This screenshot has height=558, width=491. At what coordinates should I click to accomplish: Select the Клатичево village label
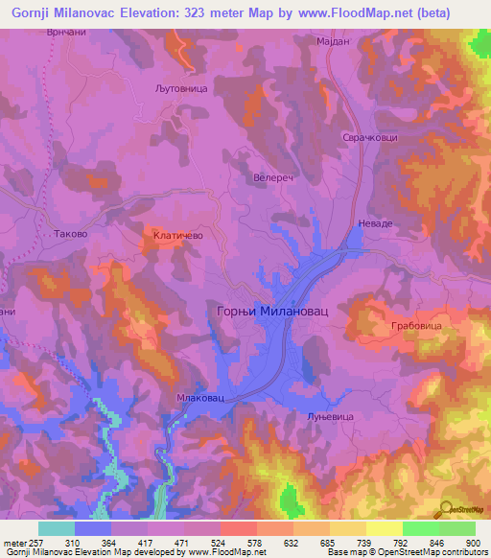[175, 233]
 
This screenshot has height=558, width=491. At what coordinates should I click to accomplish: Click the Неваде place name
[375, 222]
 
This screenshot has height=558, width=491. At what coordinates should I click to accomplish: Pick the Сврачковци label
[369, 138]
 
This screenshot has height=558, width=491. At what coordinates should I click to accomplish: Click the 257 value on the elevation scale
[36, 544]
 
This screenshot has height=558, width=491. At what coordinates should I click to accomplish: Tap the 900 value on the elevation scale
[474, 544]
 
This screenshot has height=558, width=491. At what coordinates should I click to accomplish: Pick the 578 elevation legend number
[255, 544]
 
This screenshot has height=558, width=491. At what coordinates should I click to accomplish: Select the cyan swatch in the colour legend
[56, 528]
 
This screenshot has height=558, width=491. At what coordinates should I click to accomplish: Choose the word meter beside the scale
[13, 544]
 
